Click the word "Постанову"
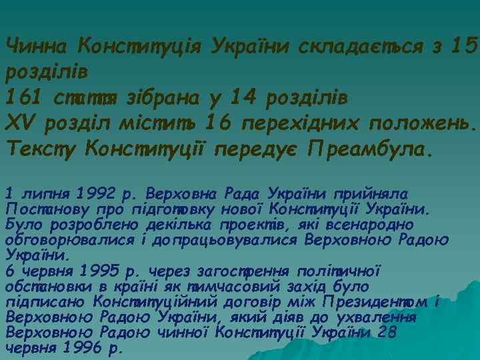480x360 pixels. tap(41, 209)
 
